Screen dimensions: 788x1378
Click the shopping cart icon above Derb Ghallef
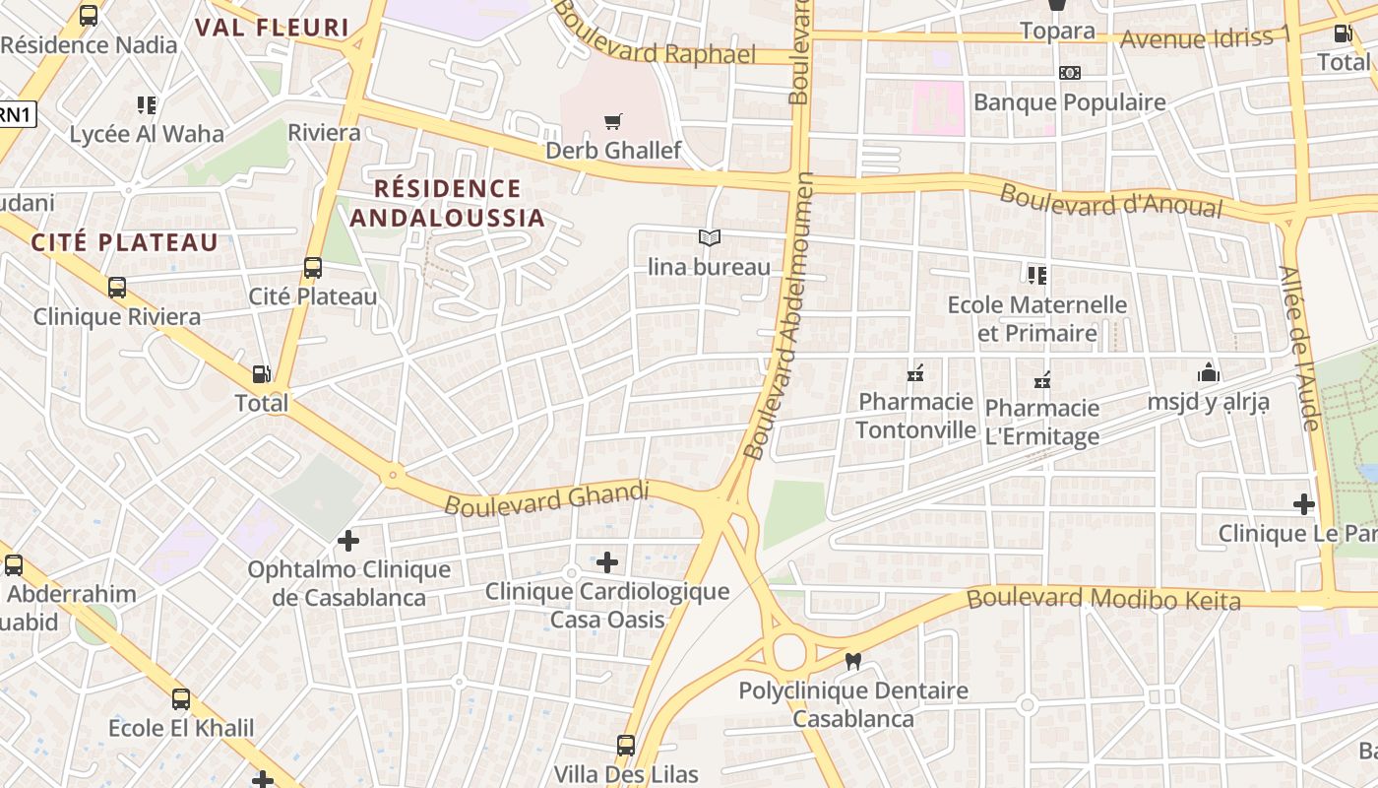pyautogui.click(x=613, y=122)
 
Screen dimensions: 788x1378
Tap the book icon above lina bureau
pyautogui.click(x=709, y=237)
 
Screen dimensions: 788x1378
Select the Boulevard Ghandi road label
pyautogui.click(x=547, y=497)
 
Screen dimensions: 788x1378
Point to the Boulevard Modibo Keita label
pyautogui.click(x=1103, y=598)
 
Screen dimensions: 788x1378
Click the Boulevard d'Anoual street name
pyautogui.click(x=1110, y=200)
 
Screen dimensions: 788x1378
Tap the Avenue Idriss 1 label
pyautogui.click(x=1205, y=38)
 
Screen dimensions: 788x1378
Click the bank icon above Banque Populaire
pyautogui.click(x=1069, y=73)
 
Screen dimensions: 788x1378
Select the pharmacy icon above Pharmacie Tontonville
pyautogui.click(x=915, y=373)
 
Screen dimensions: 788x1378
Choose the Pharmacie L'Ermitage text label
pyautogui.click(x=1042, y=422)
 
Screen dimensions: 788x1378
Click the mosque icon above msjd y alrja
pyautogui.click(x=1208, y=372)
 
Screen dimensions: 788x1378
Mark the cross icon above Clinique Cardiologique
pyautogui.click(x=607, y=562)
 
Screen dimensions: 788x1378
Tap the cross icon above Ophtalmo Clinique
pyautogui.click(x=347, y=541)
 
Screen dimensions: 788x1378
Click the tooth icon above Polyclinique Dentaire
pyautogui.click(x=853, y=662)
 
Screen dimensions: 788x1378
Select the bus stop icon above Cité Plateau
pyautogui.click(x=313, y=267)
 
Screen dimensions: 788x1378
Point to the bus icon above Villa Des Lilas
pyautogui.click(x=626, y=745)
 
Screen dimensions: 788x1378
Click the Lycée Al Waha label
pyautogui.click(x=147, y=134)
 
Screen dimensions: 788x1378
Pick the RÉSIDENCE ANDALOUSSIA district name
pyautogui.click(x=448, y=202)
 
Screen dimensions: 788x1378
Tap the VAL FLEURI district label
pyautogui.click(x=273, y=28)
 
